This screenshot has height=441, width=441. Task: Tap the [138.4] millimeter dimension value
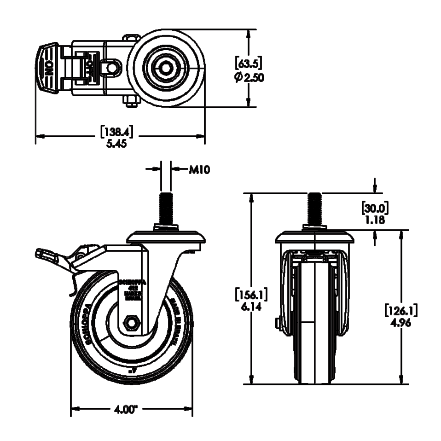117,133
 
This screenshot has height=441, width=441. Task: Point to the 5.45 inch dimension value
117,144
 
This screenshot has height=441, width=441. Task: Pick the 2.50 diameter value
254,77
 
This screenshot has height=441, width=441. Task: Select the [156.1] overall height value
251,294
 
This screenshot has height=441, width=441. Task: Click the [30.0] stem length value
375,208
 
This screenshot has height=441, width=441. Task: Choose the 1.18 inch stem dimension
375,220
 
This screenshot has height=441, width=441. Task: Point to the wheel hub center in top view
166,68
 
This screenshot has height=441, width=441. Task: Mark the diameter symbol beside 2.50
238,77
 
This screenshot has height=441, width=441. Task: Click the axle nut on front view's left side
278,324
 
